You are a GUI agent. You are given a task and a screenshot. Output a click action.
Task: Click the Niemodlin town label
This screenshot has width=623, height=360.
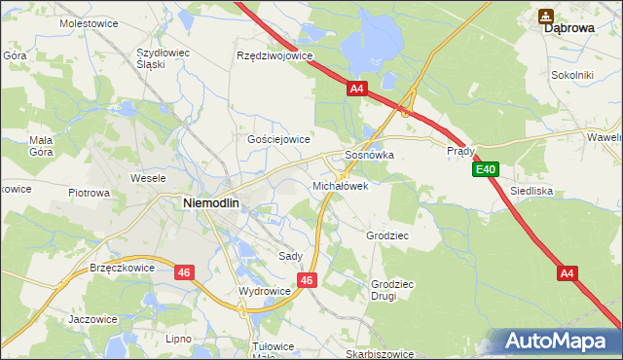(x=213, y=202)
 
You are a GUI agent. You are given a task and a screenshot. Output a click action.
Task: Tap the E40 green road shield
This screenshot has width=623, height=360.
(x=488, y=170)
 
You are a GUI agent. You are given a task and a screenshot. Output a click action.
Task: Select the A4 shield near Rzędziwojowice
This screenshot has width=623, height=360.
(x=356, y=89)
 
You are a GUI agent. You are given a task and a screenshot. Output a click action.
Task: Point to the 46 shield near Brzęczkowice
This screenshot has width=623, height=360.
(x=184, y=273)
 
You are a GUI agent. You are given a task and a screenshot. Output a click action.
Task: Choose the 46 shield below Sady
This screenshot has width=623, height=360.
(x=307, y=280)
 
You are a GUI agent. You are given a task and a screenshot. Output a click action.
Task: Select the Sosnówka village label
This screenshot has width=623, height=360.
(x=369, y=155)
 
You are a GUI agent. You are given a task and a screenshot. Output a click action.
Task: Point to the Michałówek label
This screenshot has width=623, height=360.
(x=340, y=185)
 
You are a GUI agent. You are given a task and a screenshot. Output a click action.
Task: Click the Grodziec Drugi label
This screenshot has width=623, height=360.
(x=383, y=290)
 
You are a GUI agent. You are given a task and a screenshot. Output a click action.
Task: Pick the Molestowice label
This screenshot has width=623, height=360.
(x=89, y=21)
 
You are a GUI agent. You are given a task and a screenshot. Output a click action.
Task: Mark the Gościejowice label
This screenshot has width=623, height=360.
(x=278, y=139)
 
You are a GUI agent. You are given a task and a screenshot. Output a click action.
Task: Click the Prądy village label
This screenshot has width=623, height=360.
(x=460, y=151)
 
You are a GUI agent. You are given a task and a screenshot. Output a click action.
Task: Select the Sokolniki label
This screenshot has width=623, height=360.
(x=571, y=74)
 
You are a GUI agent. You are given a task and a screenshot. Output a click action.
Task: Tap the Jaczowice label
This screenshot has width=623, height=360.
(x=93, y=318)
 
